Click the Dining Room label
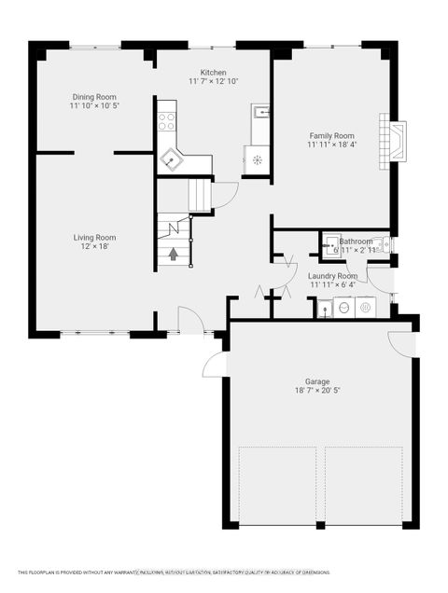click(94, 96)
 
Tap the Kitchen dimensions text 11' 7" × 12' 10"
click(213, 82)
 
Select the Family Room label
click(331, 134)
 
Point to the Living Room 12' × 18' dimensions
click(94, 247)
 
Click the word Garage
click(317, 380)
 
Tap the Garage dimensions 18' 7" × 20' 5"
click(317, 391)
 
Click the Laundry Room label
click(334, 276)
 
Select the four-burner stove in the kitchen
click(167, 120)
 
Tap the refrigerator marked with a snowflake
click(259, 159)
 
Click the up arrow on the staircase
click(173, 253)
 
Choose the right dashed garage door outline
click(364, 486)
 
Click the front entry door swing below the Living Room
click(191, 319)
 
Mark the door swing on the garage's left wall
click(214, 364)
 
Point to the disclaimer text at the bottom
click(224, 572)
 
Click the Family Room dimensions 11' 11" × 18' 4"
click(331, 145)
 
